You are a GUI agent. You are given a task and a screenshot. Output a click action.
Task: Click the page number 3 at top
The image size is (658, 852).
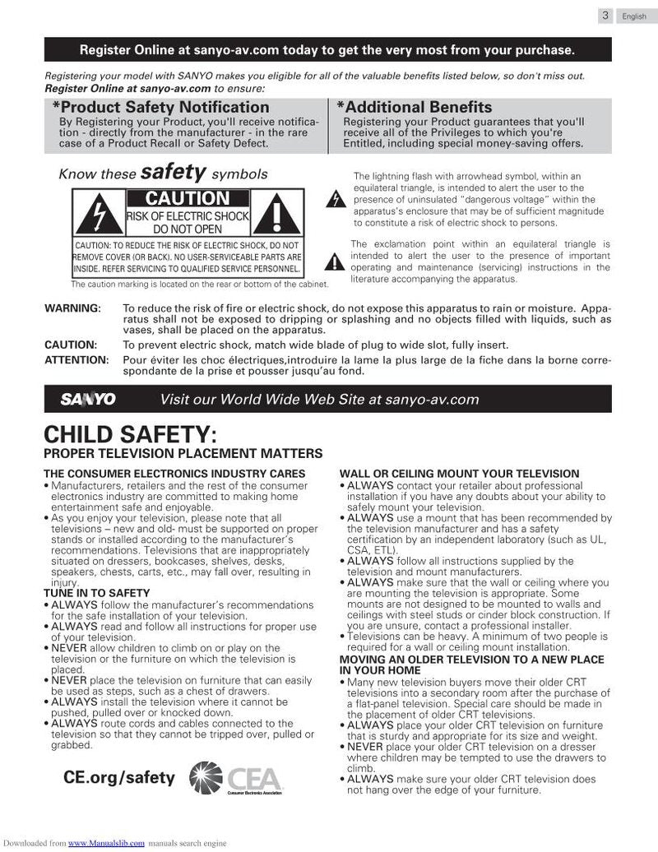tap(605, 15)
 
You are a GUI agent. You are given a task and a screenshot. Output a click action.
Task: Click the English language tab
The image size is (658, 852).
tap(634, 16)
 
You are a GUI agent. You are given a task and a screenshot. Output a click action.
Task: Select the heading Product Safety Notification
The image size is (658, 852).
tap(161, 108)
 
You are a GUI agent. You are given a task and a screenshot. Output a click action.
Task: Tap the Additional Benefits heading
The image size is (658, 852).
tap(415, 108)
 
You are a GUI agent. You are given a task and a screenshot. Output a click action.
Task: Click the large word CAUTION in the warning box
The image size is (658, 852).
tap(187, 198)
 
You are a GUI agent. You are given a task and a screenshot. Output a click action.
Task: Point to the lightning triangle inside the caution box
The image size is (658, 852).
tap(97, 213)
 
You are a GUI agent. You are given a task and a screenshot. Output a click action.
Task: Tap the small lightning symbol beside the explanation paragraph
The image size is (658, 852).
tap(335, 200)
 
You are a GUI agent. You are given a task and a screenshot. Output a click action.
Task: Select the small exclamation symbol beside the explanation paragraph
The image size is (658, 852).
tap(335, 262)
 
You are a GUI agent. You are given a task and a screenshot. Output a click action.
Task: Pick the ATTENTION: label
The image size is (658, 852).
tap(76, 359)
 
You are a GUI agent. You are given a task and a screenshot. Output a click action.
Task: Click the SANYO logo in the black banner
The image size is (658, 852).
tap(88, 400)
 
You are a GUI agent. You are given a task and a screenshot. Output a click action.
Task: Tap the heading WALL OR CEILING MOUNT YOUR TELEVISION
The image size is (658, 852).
tap(459, 474)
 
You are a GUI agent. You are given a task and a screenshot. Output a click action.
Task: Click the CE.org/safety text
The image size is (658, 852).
tap(119, 777)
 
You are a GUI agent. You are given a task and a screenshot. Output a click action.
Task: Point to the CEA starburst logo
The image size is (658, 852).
tap(206, 777)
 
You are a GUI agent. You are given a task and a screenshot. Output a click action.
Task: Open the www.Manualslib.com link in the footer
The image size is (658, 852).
tap(106, 844)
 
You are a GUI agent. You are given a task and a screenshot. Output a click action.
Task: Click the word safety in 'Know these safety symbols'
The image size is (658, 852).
tap(173, 173)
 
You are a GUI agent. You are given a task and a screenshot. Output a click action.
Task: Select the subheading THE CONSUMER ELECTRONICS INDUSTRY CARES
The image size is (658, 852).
tap(174, 474)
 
